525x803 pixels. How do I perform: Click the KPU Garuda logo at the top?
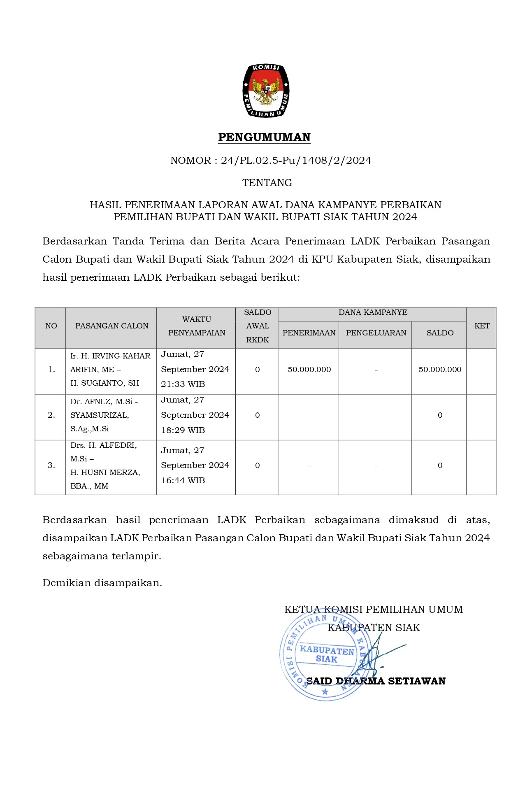265,91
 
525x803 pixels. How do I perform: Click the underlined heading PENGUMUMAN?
264,137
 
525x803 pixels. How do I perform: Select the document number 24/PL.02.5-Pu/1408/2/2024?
296,161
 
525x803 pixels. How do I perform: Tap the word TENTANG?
267,183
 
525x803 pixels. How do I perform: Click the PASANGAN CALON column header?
112,326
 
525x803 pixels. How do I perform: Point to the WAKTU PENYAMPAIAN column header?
197,326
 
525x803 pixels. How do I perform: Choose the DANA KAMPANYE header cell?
373,312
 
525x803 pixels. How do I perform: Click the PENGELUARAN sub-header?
376,333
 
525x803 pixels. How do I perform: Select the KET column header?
482,326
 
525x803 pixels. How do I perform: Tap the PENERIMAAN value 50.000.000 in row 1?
309,370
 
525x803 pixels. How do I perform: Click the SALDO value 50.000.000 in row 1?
440,370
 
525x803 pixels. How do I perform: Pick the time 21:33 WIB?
183,384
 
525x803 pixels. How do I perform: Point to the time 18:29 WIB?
183,430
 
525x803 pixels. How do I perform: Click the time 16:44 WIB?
183,480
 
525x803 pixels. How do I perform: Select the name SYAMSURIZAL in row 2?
99,415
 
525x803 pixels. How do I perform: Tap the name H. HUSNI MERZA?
105,472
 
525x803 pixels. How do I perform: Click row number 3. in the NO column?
51,466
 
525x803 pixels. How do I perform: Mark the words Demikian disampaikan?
102,583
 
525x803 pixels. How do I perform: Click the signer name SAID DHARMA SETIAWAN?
376,681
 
